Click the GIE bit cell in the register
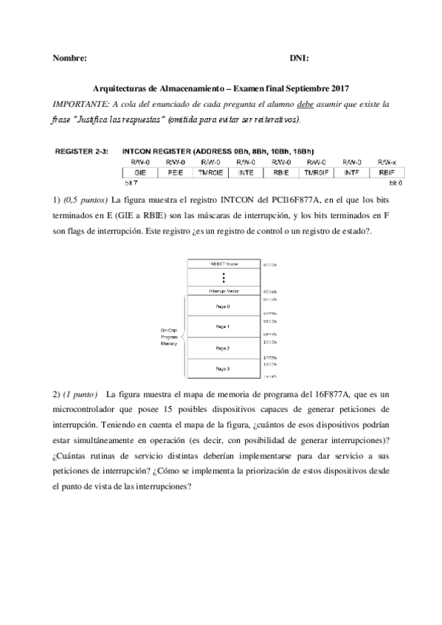click(x=139, y=171)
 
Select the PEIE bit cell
click(x=175, y=171)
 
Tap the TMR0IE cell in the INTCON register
click(x=210, y=171)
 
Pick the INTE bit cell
click(x=246, y=171)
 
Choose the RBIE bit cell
click(x=281, y=171)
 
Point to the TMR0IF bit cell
click(x=316, y=171)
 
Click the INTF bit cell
click(x=351, y=171)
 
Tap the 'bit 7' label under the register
click(x=130, y=181)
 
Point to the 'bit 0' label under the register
click(x=396, y=181)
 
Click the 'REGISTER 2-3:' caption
click(x=81, y=151)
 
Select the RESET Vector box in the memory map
click(x=222, y=263)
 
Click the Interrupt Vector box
click(x=222, y=291)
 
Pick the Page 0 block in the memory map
click(x=222, y=306)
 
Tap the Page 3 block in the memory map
click(x=222, y=368)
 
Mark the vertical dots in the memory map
click(x=222, y=277)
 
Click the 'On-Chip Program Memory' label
click(x=168, y=337)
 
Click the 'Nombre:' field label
click(x=70, y=57)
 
